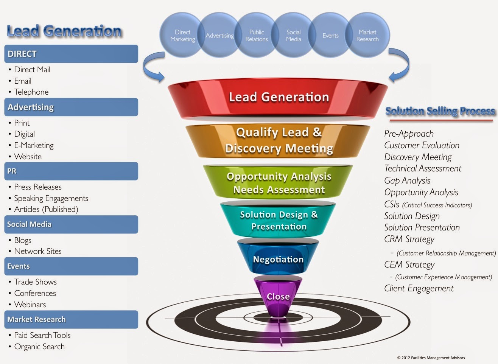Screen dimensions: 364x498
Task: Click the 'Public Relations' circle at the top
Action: point(257,36)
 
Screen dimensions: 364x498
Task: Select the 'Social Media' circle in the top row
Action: point(293,36)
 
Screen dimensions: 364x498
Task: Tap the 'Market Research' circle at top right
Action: point(367,36)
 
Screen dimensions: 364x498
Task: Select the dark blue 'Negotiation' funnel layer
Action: point(278,260)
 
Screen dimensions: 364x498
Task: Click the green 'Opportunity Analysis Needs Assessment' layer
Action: point(279,183)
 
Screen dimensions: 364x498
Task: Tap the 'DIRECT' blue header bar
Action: point(71,54)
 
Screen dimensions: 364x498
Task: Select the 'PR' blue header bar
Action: point(71,171)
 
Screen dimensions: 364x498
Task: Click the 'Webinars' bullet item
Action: point(30,305)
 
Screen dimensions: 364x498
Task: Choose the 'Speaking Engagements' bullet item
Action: point(51,198)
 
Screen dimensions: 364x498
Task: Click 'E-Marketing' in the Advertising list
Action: point(34,145)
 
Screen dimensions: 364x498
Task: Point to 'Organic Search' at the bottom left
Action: point(39,347)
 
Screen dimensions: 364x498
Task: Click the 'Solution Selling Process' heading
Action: point(440,111)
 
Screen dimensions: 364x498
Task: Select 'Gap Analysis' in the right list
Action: point(407,180)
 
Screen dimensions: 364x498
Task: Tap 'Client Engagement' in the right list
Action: point(419,288)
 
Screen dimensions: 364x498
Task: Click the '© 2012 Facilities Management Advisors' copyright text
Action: point(431,358)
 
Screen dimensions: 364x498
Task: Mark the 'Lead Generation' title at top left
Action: point(64,31)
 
